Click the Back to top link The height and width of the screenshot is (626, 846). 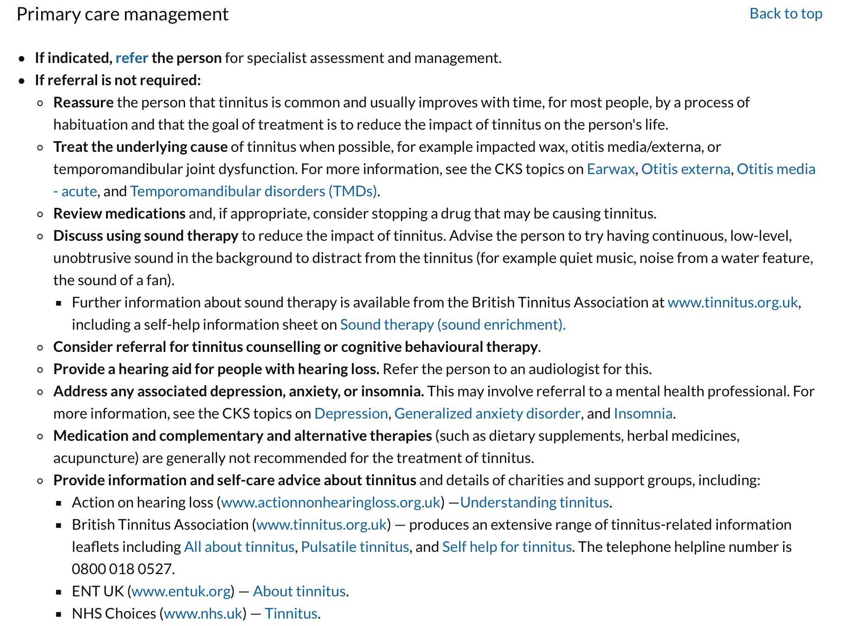[x=785, y=14]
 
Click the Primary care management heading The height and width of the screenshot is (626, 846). [x=123, y=14]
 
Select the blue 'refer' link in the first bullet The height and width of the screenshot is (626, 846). [x=132, y=58]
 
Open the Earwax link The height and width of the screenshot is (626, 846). [x=610, y=169]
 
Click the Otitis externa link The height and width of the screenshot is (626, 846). [x=685, y=169]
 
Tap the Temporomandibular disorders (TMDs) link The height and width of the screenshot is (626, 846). [x=254, y=191]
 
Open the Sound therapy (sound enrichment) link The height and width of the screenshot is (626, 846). [x=453, y=325]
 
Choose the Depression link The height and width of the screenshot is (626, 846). [x=351, y=413]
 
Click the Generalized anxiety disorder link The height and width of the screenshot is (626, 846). [x=487, y=413]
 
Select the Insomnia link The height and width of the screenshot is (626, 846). [x=643, y=413]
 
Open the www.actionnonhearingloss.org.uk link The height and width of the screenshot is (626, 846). [x=330, y=502]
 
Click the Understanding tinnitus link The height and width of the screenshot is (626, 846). [x=534, y=502]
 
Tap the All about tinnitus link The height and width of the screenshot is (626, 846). [x=239, y=547]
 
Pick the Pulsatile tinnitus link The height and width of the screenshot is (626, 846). [x=355, y=547]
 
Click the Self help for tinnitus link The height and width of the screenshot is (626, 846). [x=507, y=547]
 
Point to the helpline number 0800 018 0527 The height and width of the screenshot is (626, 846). [x=123, y=569]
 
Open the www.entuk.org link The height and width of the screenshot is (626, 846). [x=181, y=591]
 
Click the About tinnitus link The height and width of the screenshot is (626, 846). [x=299, y=591]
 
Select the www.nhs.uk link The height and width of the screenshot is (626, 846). [x=203, y=613]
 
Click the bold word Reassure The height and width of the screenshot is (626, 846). [x=83, y=102]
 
